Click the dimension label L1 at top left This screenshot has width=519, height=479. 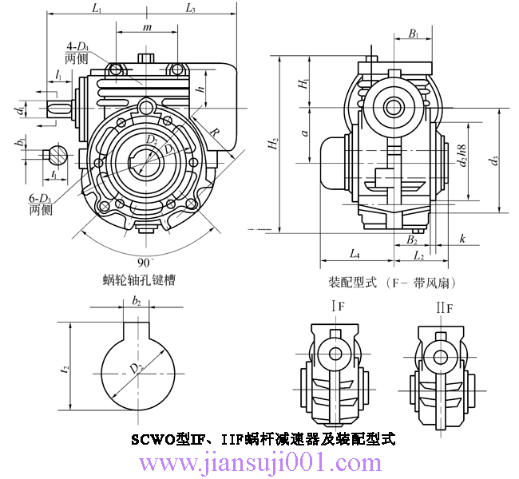(x=97, y=9)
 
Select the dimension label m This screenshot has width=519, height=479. (x=146, y=28)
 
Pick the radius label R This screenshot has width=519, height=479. (x=215, y=133)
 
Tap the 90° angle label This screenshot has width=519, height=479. (x=144, y=262)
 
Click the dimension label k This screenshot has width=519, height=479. (x=463, y=239)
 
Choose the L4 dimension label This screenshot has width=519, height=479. (x=355, y=255)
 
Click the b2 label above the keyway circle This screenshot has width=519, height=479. (x=137, y=302)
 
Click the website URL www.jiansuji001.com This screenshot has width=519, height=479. (x=261, y=462)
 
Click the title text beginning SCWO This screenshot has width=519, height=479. (x=263, y=439)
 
